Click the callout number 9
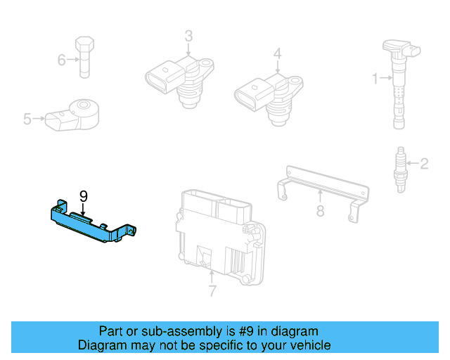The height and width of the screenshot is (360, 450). click(x=83, y=196)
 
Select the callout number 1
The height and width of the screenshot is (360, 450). click(x=375, y=77)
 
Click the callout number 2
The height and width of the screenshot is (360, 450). click(x=424, y=165)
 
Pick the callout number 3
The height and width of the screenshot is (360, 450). click(x=188, y=35)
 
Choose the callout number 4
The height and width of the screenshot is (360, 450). click(x=278, y=53)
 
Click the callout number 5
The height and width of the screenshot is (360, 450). click(x=27, y=120)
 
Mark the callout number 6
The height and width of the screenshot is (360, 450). click(x=61, y=60)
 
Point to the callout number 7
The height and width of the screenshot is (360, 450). click(x=212, y=290)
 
